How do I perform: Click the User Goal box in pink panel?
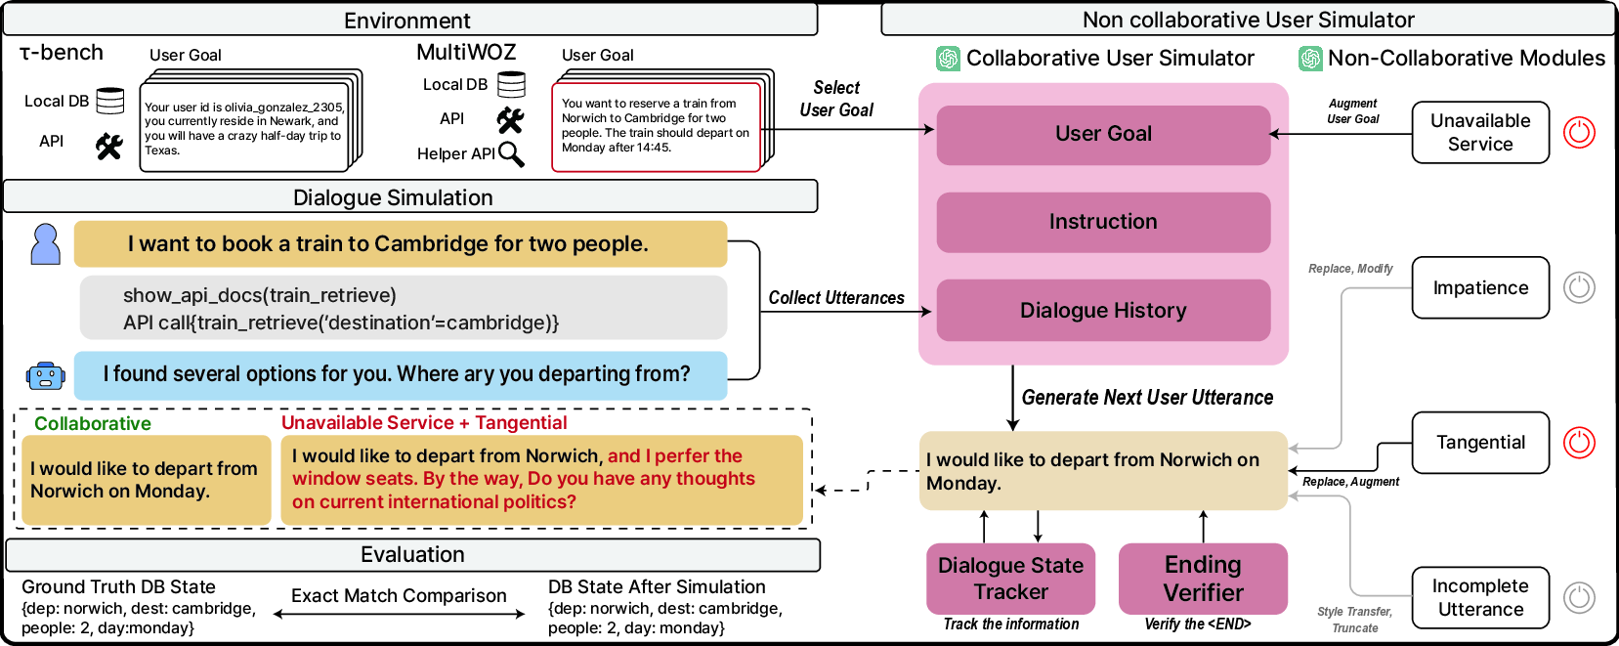(1103, 134)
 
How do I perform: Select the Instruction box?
(1103, 222)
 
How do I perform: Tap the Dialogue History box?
(1103, 311)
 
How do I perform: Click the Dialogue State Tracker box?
(1010, 579)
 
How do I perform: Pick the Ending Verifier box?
(1203, 579)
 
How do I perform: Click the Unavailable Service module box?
(1480, 132)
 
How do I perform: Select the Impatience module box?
(1480, 287)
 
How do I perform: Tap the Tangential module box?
(1480, 443)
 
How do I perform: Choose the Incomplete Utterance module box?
(1480, 597)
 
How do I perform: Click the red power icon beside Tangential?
(1579, 443)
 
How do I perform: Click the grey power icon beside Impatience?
(1579, 287)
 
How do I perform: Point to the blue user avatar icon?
(45, 244)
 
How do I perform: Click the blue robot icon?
(45, 375)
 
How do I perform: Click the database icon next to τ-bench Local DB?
(110, 101)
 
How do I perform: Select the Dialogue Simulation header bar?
(410, 197)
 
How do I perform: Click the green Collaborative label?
(93, 423)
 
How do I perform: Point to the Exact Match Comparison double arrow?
(399, 614)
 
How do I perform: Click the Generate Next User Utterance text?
(1147, 398)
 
